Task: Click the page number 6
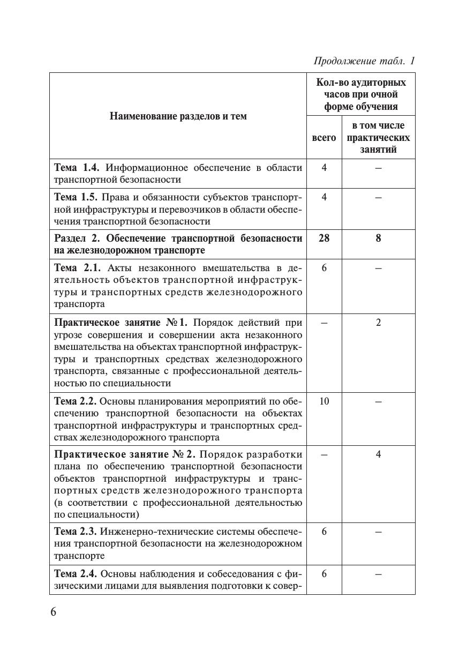(x=53, y=612)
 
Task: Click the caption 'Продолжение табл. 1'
(x=364, y=61)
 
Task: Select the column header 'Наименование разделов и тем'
(x=178, y=116)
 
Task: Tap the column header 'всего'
(x=324, y=138)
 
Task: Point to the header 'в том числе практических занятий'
(x=378, y=138)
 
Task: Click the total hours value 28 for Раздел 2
(x=324, y=238)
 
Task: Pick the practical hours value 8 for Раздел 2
(x=378, y=238)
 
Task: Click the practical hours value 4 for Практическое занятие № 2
(x=378, y=454)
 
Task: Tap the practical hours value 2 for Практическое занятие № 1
(x=378, y=323)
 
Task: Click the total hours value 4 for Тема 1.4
(x=324, y=168)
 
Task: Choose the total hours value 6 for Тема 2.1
(x=324, y=268)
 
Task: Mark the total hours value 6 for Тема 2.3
(x=324, y=532)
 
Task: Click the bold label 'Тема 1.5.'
(x=76, y=197)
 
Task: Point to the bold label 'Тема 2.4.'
(x=76, y=574)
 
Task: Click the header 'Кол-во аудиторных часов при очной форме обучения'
(x=361, y=94)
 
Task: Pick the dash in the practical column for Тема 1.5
(x=378, y=197)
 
